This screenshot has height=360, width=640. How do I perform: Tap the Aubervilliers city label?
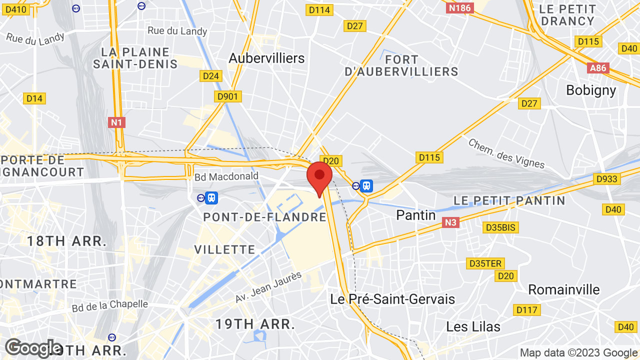pos(266,58)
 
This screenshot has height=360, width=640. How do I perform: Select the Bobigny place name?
pos(591,90)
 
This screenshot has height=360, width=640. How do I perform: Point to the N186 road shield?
pos(459,7)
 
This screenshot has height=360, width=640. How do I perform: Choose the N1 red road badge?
pos(116,122)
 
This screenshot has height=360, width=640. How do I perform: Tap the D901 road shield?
pos(228,96)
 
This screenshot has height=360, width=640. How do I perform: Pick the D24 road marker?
pos(211,76)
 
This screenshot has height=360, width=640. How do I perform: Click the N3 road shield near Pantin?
pos(450,222)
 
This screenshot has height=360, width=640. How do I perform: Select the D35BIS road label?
pos(501,227)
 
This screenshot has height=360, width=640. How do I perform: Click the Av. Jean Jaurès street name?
pos(269,287)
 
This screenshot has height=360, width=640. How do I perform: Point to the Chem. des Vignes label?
pos(506,153)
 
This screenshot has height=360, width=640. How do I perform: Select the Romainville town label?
pos(563,289)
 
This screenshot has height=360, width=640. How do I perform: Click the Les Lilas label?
pos(473,326)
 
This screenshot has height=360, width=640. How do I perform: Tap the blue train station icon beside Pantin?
pos(366,186)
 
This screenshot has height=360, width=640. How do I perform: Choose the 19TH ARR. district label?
pos(255,323)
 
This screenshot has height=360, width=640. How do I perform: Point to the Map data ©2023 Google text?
pos(578,352)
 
